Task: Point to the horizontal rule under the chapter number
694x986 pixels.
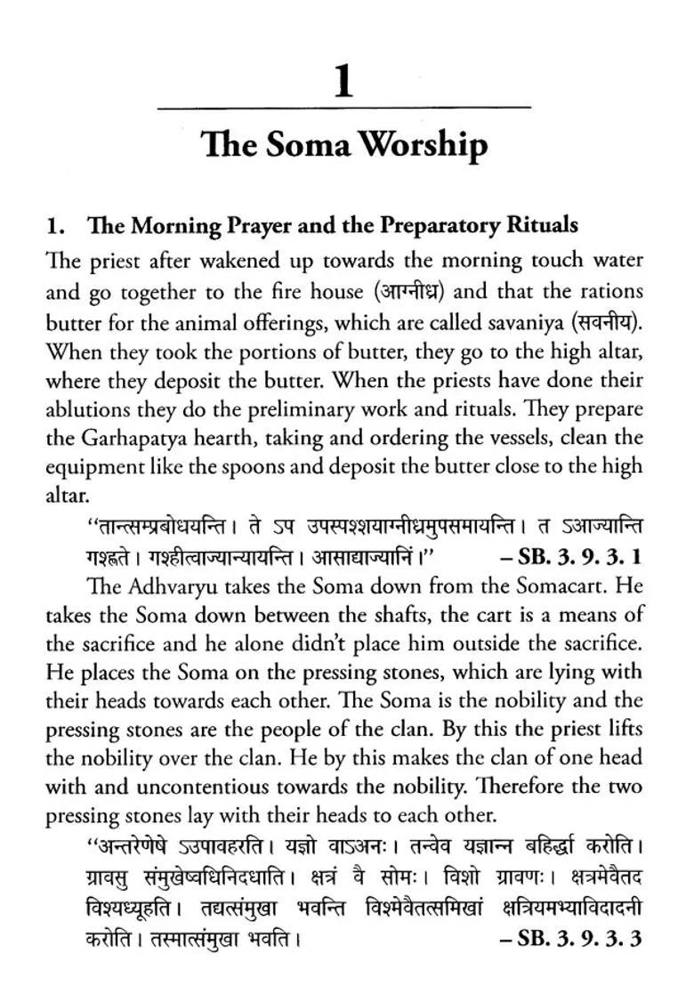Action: [343, 108]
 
